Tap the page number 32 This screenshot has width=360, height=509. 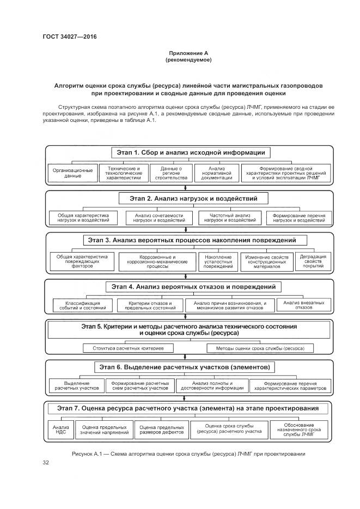coord(46,462)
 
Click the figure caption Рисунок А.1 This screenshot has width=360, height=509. coord(188,453)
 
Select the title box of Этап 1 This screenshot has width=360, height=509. coord(188,153)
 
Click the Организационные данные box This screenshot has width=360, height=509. coord(72,173)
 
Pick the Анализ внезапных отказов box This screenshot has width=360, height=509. coord(304,305)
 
